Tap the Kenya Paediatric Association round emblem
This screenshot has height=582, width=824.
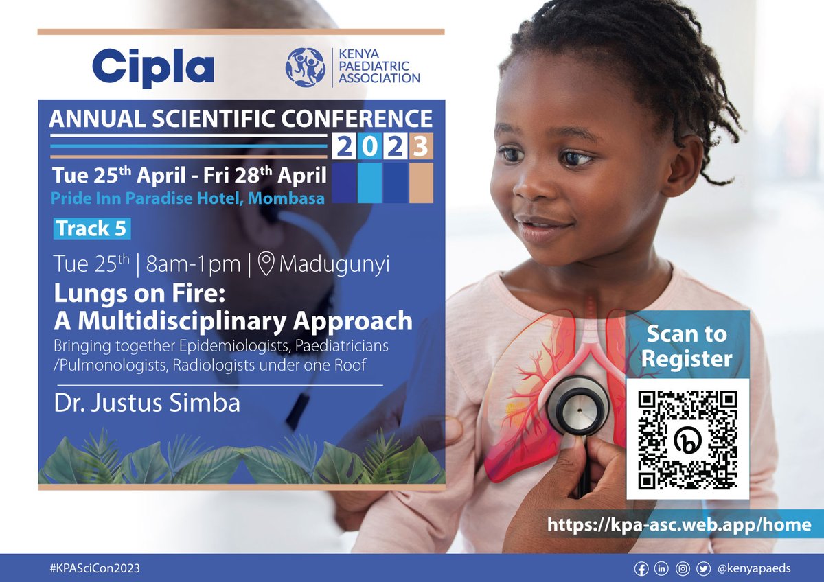(306, 67)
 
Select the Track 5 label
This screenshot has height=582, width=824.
(91, 229)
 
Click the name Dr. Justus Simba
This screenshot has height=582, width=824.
(147, 403)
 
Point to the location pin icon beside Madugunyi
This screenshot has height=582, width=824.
(265, 264)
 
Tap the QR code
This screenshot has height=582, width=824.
(687, 439)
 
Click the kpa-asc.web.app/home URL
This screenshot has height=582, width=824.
(679, 526)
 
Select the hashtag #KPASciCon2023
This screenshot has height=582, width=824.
(91, 569)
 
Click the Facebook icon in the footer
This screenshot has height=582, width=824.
(641, 569)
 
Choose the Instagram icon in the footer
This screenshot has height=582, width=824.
(683, 569)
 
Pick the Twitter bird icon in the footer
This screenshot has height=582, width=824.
(703, 569)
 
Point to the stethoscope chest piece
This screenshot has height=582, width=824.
(578, 406)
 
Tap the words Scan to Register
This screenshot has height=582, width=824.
(687, 346)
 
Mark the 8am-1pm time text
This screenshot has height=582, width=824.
(207, 264)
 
